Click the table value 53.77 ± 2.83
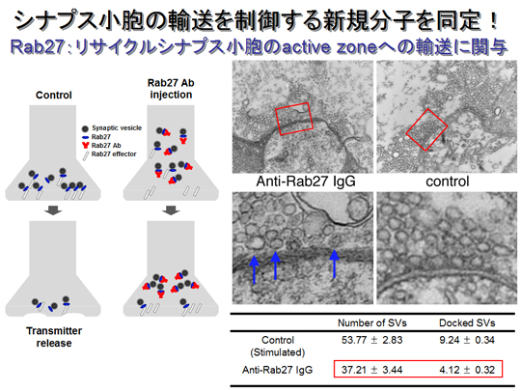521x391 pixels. (371, 340)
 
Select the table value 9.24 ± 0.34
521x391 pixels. (467, 340)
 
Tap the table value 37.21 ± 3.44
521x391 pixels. (371, 370)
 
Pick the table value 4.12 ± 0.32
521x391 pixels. (467, 370)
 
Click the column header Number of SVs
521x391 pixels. (372, 322)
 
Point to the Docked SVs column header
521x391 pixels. (467, 322)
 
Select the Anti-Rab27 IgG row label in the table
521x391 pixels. (278, 370)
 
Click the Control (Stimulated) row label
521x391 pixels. (278, 347)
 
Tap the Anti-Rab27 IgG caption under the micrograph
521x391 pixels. (306, 182)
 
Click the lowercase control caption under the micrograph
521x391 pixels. (448, 182)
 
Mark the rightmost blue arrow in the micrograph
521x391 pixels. (334, 265)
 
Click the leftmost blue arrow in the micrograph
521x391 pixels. (254, 269)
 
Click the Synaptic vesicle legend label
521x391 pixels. (117, 128)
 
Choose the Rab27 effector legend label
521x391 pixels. (114, 154)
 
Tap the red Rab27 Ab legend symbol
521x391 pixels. (86, 145)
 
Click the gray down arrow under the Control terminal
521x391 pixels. (53, 210)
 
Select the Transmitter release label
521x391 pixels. (54, 337)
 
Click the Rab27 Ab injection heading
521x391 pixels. (171, 89)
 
